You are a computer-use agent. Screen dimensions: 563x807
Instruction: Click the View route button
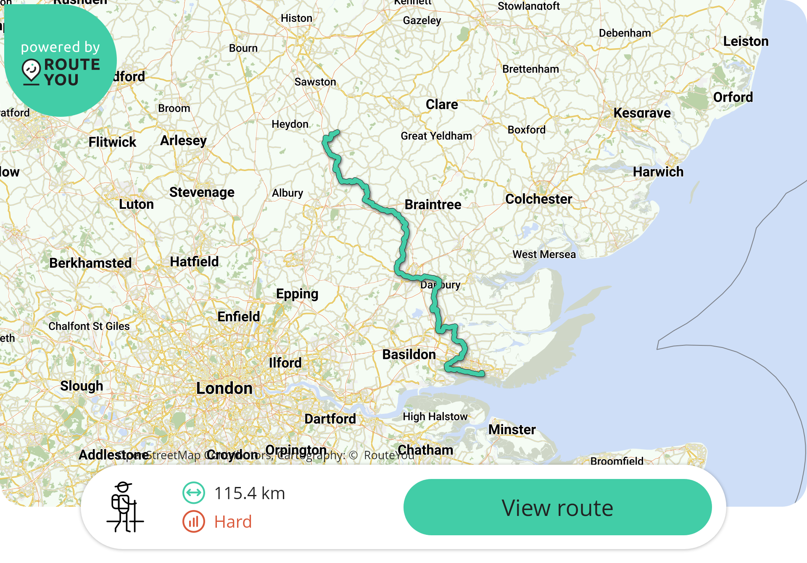(557, 507)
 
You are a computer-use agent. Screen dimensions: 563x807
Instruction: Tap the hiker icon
(125, 507)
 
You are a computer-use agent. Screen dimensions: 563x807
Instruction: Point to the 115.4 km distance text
(249, 493)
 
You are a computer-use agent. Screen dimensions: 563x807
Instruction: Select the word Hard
(233, 522)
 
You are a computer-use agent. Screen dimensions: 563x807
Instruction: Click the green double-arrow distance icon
(194, 493)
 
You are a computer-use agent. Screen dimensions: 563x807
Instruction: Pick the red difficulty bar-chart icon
(194, 521)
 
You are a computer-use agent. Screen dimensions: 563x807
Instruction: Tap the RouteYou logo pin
(31, 70)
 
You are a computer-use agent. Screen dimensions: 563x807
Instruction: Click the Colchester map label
(538, 199)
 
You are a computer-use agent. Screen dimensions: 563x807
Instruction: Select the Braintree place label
(433, 205)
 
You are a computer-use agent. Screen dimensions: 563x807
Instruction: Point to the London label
(224, 388)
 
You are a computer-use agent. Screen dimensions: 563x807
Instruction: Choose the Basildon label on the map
(409, 355)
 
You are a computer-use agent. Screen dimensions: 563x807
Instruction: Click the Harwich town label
(658, 172)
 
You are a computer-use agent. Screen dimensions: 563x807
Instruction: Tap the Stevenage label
(202, 192)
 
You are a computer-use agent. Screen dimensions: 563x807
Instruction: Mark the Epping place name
(297, 294)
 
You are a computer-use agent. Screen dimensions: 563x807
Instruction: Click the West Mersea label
(544, 255)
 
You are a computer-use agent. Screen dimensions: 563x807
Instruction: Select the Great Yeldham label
(436, 136)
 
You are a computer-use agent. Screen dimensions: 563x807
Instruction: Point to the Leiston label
(746, 42)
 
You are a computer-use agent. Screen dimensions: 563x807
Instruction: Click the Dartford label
(330, 419)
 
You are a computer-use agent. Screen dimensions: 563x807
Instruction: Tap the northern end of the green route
(337, 133)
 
